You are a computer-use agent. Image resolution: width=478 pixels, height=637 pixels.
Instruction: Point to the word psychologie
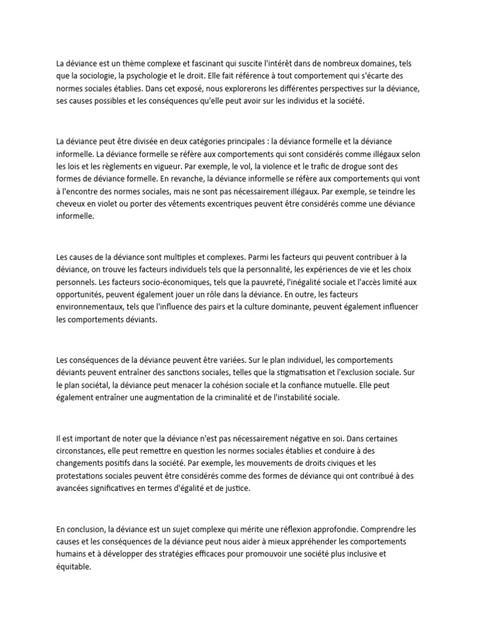coord(148,76)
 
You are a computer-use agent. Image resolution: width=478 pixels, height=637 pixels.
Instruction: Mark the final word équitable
coord(73,567)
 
